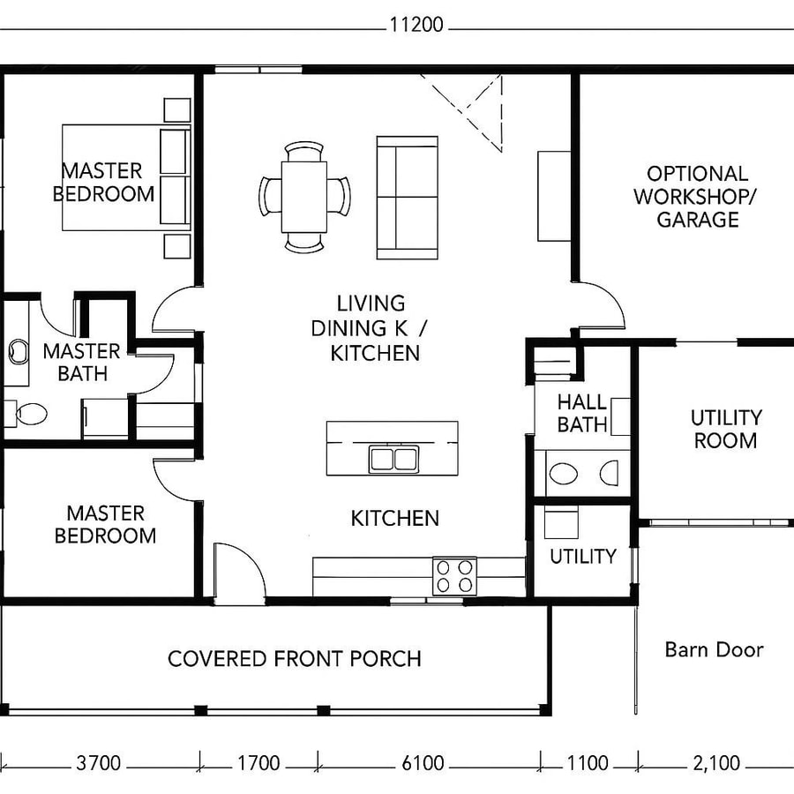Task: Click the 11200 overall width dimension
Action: [x=416, y=25]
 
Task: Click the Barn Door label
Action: [x=714, y=650]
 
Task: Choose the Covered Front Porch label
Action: [x=294, y=658]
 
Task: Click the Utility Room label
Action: [x=725, y=429]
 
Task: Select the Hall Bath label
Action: [x=582, y=413]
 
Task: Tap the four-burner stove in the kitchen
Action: [x=454, y=576]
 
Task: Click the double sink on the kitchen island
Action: [x=393, y=459]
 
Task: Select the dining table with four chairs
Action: [x=304, y=196]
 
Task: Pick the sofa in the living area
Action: [x=408, y=197]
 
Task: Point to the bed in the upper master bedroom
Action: [x=125, y=177]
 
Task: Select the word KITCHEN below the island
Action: [x=394, y=518]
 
